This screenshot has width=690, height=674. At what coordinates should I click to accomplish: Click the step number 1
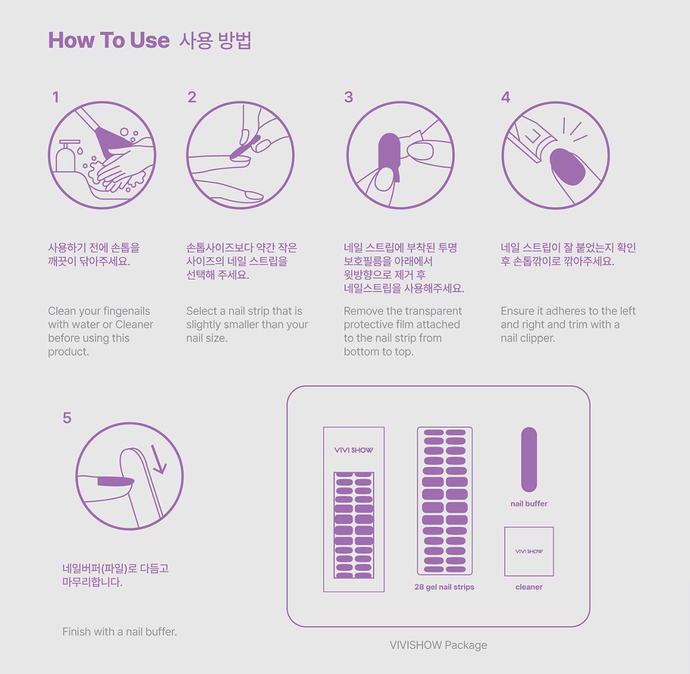[56, 97]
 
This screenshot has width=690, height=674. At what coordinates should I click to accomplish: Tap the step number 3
[349, 97]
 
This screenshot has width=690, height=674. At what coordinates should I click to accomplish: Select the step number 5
[67, 418]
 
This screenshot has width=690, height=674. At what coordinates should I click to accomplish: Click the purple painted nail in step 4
[568, 166]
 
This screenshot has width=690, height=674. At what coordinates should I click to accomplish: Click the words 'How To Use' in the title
[109, 40]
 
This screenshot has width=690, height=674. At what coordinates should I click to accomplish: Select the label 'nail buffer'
[529, 504]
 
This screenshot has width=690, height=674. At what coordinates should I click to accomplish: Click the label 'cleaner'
[529, 587]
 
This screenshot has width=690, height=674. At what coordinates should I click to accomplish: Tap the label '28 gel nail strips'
[444, 587]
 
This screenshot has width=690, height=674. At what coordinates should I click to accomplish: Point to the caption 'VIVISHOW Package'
[439, 645]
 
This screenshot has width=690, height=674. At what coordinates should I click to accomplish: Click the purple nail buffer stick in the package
[529, 459]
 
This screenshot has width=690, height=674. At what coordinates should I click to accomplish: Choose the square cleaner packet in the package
[529, 552]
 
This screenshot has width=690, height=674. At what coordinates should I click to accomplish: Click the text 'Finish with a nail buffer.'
[120, 632]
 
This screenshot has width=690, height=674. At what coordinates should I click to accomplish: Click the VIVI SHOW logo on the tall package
[354, 450]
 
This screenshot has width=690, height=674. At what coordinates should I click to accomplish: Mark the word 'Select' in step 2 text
[201, 311]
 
